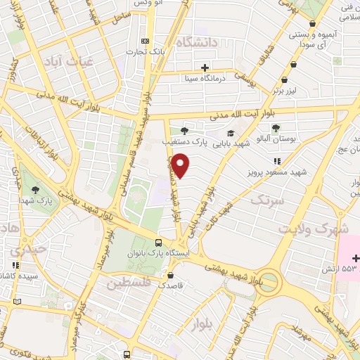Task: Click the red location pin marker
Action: click(x=181, y=166)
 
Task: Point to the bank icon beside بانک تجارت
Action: click(x=146, y=40)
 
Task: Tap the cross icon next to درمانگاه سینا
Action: click(x=205, y=68)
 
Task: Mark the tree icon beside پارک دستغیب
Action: click(x=185, y=130)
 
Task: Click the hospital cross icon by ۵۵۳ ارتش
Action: click(x=356, y=258)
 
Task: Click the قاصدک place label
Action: click(x=171, y=286)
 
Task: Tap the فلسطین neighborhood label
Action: click(x=130, y=283)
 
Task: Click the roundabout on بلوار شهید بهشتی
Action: click(x=269, y=283)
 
